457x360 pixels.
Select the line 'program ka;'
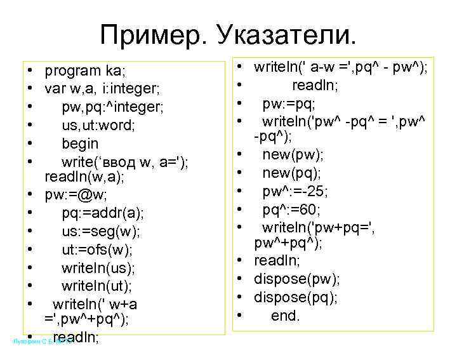tap(86, 70)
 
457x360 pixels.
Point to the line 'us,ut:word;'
tap(98, 125)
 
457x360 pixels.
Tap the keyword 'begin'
tap(80, 143)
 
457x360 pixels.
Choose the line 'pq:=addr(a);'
tap(103, 212)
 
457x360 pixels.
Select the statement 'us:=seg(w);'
tap(101, 230)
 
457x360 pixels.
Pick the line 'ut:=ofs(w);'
tap(98, 249)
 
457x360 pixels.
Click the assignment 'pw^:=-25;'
tap(295, 191)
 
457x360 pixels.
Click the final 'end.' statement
tap(285, 316)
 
